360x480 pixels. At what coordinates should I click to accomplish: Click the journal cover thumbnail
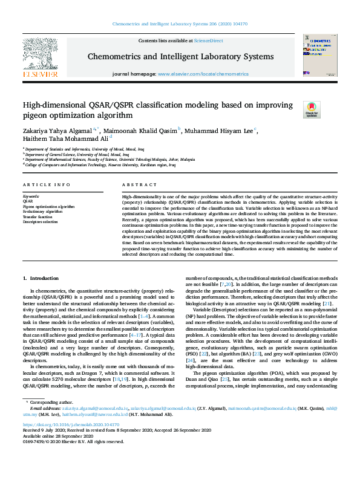(316, 55)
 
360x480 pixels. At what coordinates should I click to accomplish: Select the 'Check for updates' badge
(328, 109)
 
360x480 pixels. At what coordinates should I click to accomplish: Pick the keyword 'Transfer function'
(38, 216)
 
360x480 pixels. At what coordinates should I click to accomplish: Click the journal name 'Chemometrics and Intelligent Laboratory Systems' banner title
(181, 57)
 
